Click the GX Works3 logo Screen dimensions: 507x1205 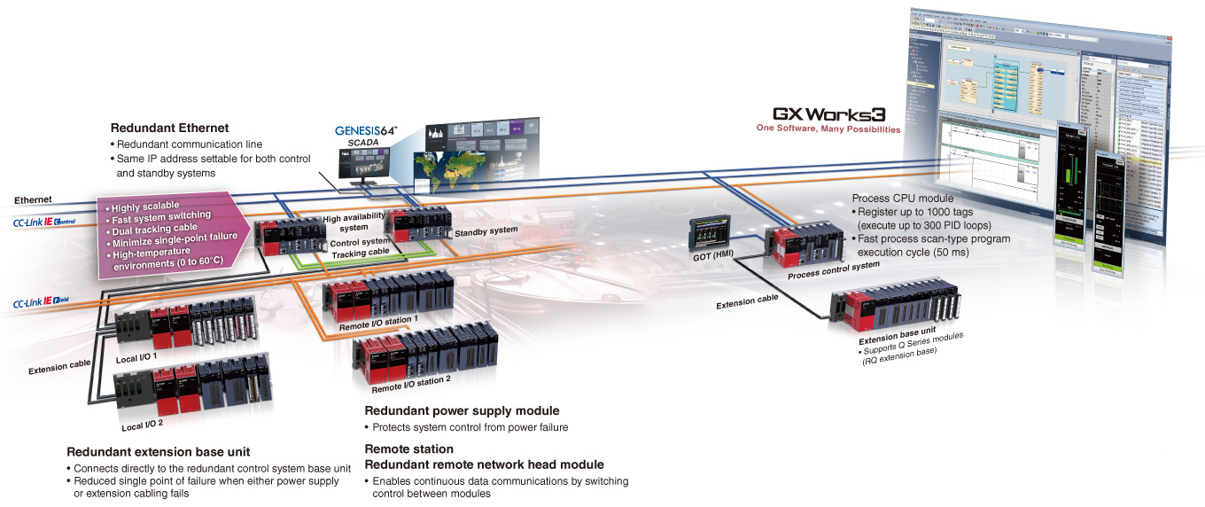pos(828,114)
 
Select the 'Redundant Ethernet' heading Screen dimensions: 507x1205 pos(169,129)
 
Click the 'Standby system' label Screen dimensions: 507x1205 pos(485,230)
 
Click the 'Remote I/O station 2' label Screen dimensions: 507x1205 pos(411,383)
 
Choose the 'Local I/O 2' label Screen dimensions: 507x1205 pos(142,425)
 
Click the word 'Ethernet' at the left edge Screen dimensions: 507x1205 pos(33,200)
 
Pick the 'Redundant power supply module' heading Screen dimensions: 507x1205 pos(462,411)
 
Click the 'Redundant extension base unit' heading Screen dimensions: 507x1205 pos(164,451)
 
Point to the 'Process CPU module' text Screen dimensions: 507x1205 pos(902,198)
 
